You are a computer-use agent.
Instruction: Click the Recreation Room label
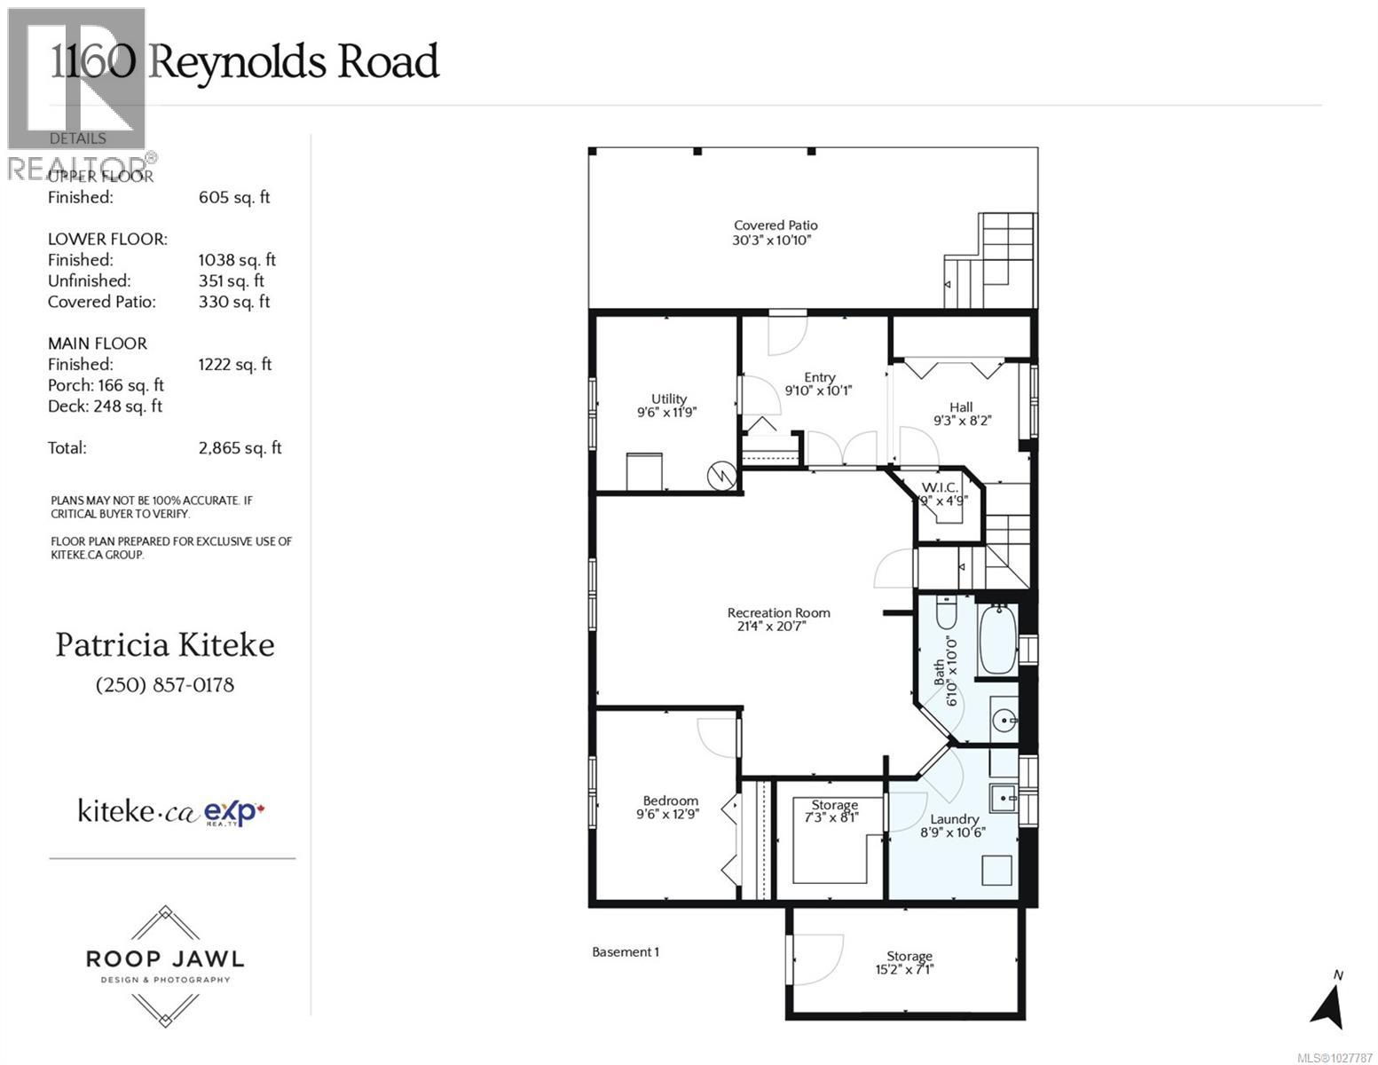click(778, 612)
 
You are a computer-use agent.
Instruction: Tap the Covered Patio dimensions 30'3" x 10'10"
click(775, 241)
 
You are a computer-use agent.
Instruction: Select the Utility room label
click(668, 398)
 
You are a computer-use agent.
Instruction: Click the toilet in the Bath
click(945, 615)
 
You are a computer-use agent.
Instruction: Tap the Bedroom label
click(670, 800)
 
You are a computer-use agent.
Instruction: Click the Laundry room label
click(954, 819)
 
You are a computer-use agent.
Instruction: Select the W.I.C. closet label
click(939, 487)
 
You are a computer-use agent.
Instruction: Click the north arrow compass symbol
click(1327, 1003)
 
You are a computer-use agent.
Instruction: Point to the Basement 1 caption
click(625, 951)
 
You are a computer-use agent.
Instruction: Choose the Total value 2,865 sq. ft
click(240, 448)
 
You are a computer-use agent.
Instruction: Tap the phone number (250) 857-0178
click(165, 685)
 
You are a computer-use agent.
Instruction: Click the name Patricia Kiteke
click(165, 645)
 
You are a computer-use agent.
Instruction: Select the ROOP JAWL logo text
click(165, 958)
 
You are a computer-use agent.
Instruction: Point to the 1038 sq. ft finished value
click(237, 260)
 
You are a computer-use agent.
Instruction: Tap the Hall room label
click(961, 407)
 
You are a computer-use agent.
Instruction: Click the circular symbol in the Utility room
click(720, 477)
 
